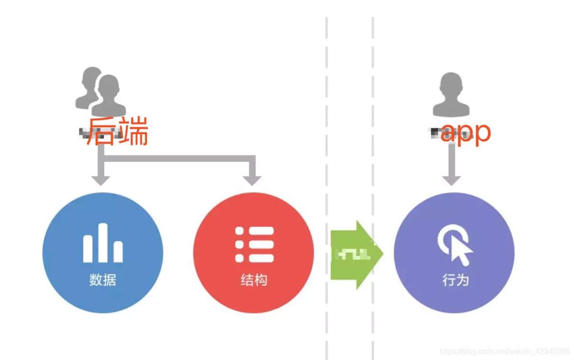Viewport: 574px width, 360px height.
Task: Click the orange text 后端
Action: click(118, 131)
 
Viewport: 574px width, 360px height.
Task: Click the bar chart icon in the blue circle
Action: click(103, 243)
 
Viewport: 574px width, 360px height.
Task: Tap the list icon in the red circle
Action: click(254, 244)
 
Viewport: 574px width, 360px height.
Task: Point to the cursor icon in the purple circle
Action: click(455, 245)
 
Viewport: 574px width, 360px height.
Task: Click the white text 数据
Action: click(103, 280)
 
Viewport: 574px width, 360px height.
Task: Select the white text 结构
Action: click(254, 280)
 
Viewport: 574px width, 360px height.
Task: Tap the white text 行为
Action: click(455, 280)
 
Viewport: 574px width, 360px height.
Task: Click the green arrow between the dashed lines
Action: click(356, 255)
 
